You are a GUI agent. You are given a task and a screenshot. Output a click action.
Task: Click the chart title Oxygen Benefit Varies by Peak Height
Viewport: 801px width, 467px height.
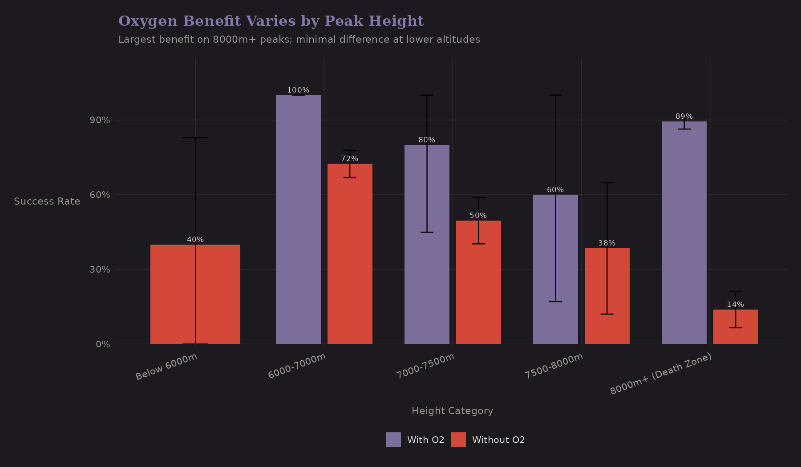coord(271,21)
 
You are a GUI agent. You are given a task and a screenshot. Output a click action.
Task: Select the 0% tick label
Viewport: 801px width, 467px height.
coord(103,344)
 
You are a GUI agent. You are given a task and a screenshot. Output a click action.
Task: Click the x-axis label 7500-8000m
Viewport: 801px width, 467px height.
coord(554,366)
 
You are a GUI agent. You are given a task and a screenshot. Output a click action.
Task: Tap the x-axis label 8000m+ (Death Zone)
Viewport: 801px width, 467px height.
coord(661,374)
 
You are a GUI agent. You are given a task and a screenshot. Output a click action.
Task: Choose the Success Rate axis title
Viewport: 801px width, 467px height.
coord(47,201)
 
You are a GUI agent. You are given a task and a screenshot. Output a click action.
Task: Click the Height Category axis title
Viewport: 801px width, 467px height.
coord(452,411)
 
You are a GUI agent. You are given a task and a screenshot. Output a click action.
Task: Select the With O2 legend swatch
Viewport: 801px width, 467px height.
coord(393,439)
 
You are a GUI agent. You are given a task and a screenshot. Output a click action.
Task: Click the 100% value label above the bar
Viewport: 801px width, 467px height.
coord(298,90)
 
